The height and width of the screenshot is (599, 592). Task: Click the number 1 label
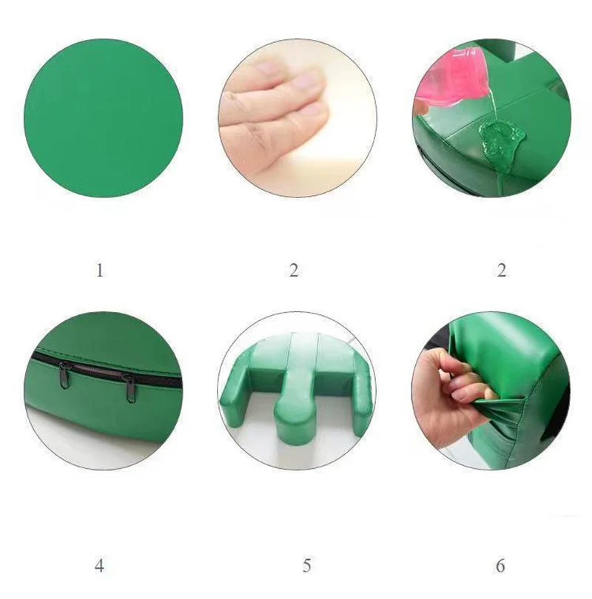pos(100,271)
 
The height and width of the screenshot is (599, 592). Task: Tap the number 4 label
pos(99,566)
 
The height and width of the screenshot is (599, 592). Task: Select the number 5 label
pos(306,566)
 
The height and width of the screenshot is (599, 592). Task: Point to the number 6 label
pos(500,566)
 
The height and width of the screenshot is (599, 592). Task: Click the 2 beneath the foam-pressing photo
pos(294,271)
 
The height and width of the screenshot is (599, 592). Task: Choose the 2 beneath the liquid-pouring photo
pos(502,271)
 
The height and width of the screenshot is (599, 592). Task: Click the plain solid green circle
pos(103,118)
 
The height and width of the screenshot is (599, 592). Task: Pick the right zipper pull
pos(130,388)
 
